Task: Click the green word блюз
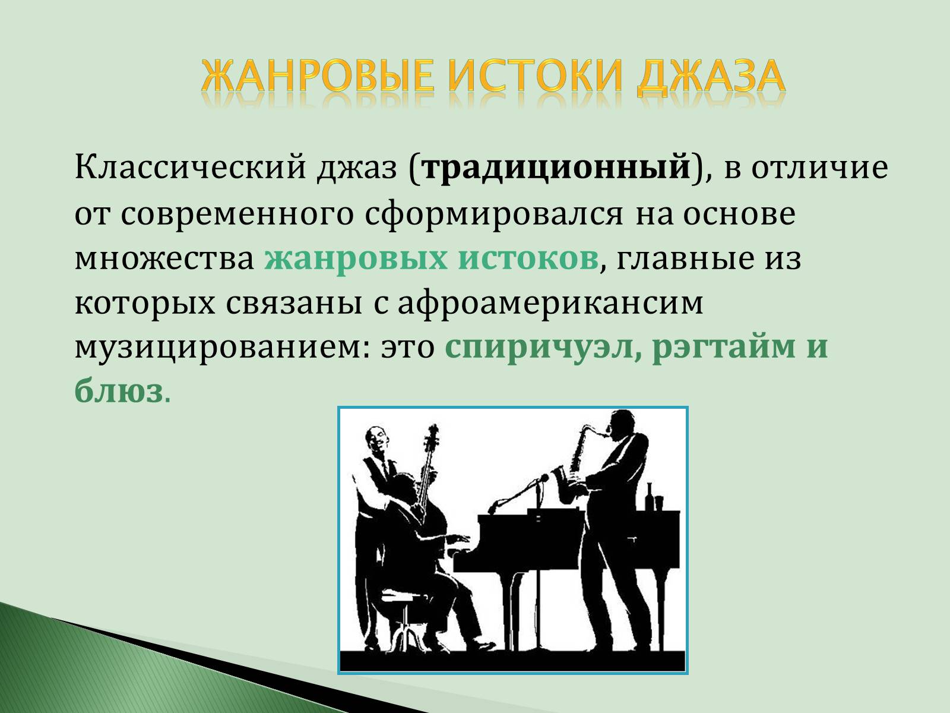point(118,392)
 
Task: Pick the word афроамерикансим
point(550,303)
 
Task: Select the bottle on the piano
point(650,497)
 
